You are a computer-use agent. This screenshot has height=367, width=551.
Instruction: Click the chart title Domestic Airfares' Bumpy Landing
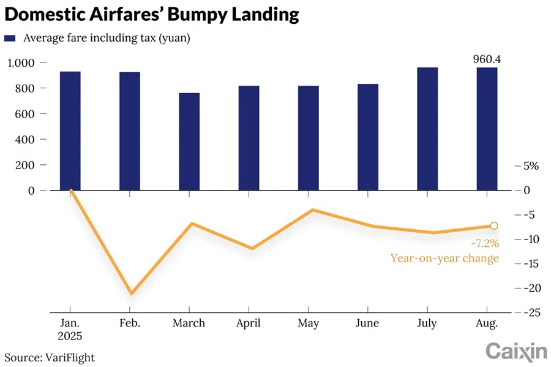click(x=152, y=15)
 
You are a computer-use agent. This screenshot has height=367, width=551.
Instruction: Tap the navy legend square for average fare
click(x=9, y=38)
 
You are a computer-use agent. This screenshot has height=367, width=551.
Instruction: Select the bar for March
click(x=189, y=142)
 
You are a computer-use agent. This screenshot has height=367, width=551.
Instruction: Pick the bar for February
click(x=130, y=131)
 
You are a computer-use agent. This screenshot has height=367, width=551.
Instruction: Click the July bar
click(x=427, y=129)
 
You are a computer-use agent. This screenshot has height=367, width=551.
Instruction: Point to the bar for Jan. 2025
click(x=70, y=131)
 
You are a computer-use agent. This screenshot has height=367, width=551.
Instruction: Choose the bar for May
click(x=308, y=138)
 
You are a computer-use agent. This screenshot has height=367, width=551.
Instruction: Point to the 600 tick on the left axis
click(x=28, y=114)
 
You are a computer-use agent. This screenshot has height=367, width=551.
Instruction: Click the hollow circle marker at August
click(x=494, y=226)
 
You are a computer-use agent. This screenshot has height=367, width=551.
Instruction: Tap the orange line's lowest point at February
click(x=130, y=293)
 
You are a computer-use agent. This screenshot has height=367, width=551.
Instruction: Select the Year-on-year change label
click(x=444, y=258)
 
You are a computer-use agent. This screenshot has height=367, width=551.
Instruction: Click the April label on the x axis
click(x=249, y=323)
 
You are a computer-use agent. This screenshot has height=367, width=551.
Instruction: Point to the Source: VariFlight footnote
click(x=50, y=357)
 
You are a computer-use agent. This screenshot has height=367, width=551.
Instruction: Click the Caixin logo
click(x=516, y=352)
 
